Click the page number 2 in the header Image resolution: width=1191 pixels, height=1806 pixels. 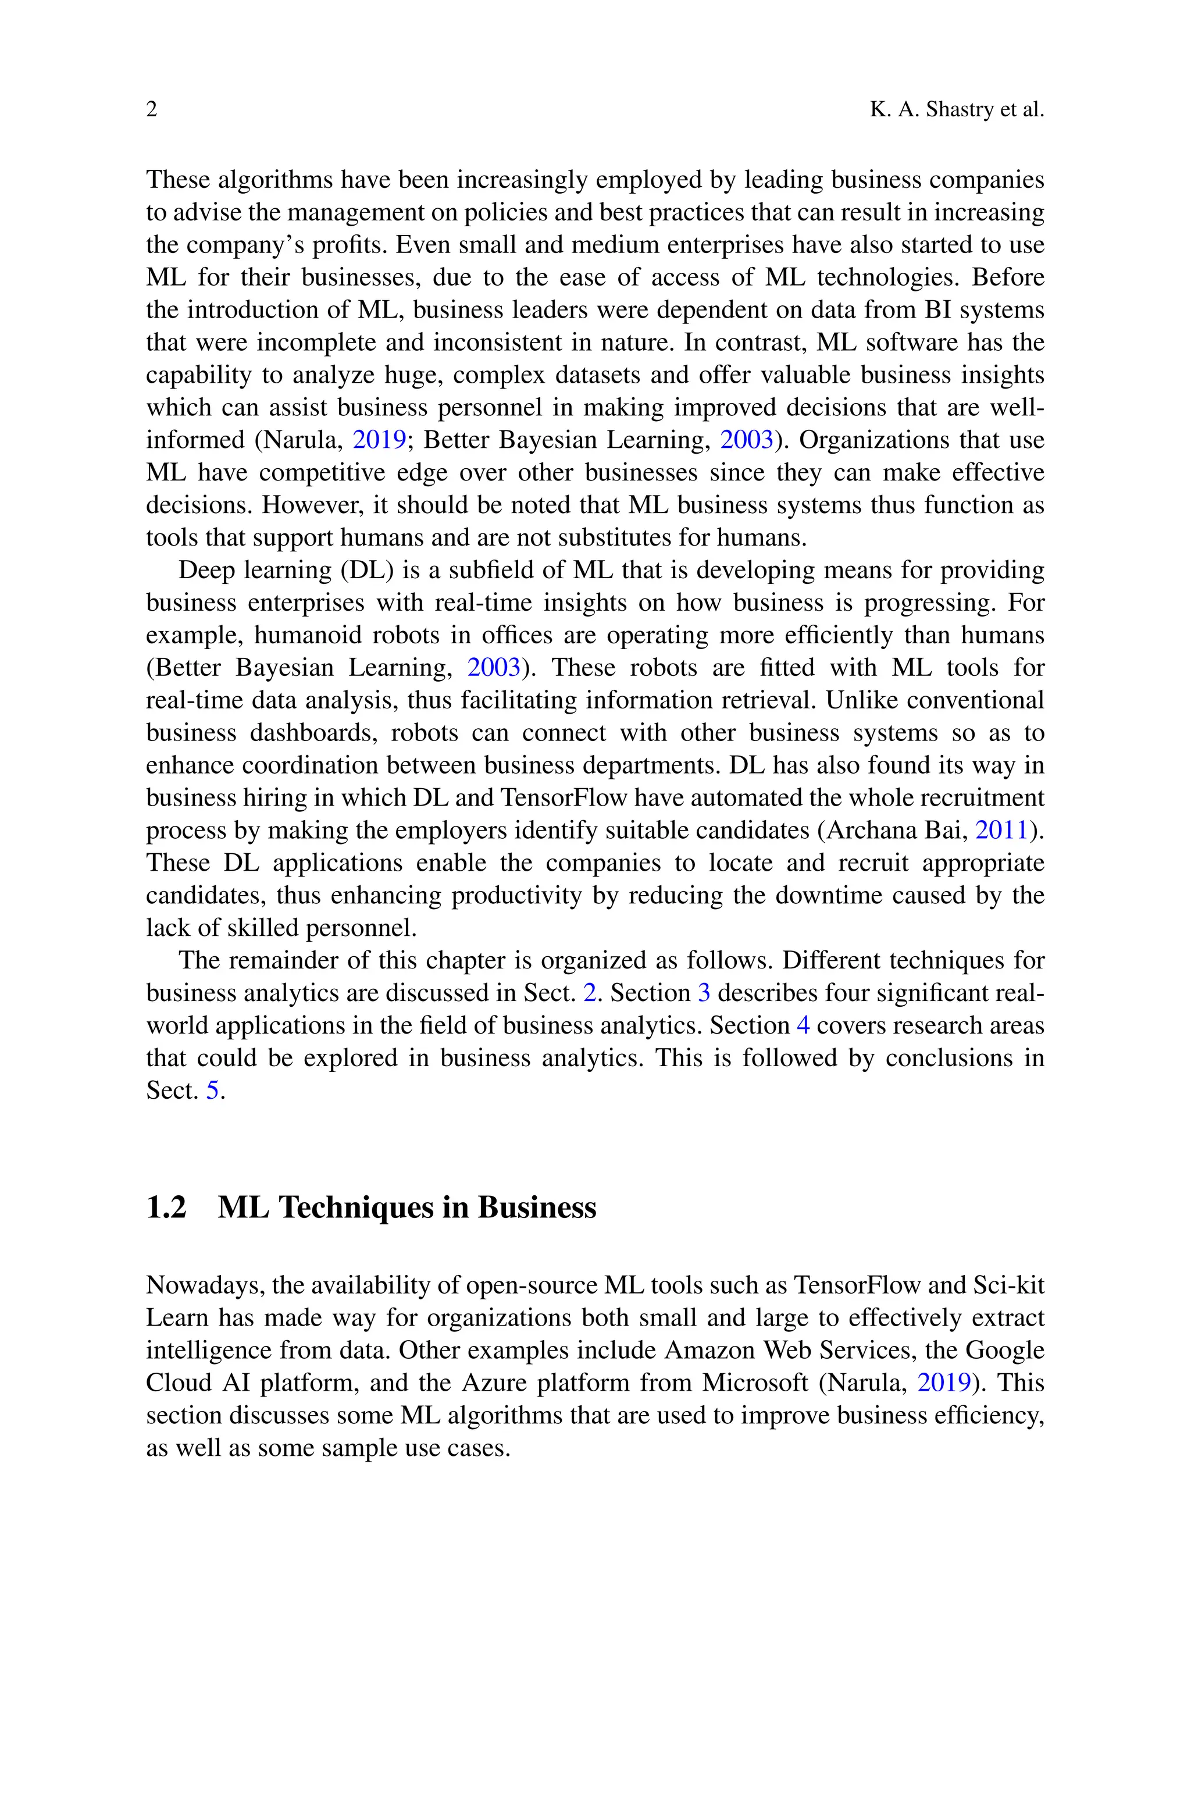click(x=152, y=110)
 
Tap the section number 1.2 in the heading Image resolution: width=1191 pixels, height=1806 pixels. click(x=166, y=1207)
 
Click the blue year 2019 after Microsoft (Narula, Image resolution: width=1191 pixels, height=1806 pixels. click(x=944, y=1382)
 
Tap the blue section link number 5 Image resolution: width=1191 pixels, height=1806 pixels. click(x=213, y=1091)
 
